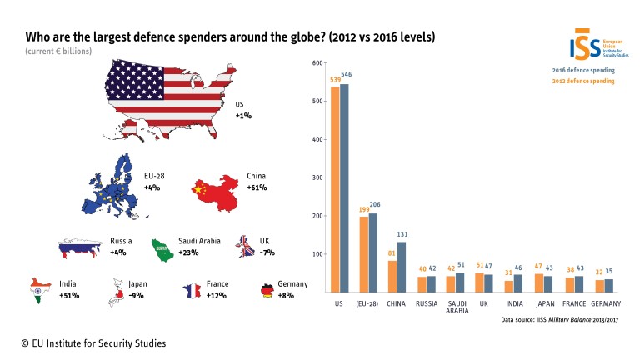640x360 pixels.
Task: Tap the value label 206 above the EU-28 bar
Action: pyautogui.click(x=374, y=205)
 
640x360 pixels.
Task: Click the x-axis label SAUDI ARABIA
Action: pyautogui.click(x=456, y=308)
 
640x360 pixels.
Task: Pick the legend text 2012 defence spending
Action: pyautogui.click(x=582, y=81)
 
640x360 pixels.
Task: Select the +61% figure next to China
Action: pyautogui.click(x=257, y=187)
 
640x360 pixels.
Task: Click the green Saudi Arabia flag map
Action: pyautogui.click(x=162, y=247)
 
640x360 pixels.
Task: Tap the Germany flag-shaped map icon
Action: pyautogui.click(x=267, y=290)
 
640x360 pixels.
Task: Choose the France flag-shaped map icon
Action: pyautogui.click(x=191, y=290)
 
